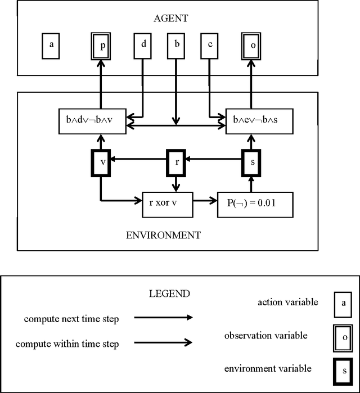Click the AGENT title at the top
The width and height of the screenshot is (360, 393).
[x=170, y=19]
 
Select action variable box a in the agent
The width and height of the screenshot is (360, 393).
[x=51, y=46]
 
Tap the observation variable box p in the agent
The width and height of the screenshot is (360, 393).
[x=101, y=46]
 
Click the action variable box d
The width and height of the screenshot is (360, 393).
[x=143, y=46]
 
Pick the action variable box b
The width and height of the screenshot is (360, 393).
[x=177, y=46]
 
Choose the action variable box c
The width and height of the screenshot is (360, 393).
[x=209, y=46]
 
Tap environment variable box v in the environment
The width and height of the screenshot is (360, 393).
[x=101, y=162]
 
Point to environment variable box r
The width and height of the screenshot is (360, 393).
[x=177, y=162]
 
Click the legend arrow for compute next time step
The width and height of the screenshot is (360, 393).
[x=163, y=318]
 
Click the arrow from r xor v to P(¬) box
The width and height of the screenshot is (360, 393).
[x=205, y=200]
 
